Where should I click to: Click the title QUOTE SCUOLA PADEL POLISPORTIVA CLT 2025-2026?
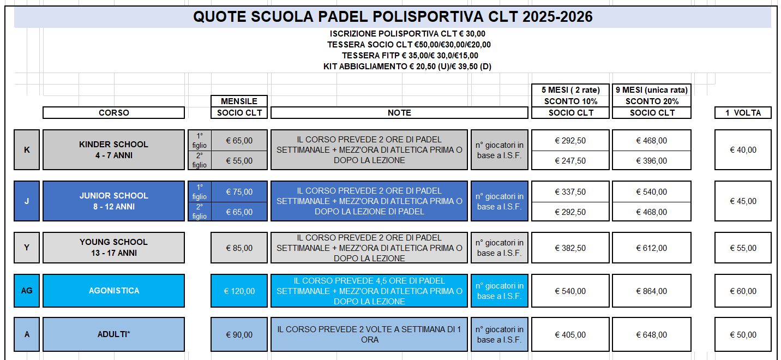tap(393, 17)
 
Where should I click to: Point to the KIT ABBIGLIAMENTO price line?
tap(407, 67)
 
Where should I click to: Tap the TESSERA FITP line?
tap(410, 56)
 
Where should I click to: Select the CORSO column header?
tap(113, 113)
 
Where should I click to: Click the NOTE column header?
tap(399, 113)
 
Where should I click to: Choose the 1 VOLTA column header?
tap(743, 113)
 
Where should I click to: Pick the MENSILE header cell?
tap(239, 101)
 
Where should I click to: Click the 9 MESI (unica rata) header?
tap(652, 90)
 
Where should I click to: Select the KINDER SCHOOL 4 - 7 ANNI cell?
tap(113, 150)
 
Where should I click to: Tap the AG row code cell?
tap(27, 291)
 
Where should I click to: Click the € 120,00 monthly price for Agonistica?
tap(239, 291)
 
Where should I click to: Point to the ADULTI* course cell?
tap(113, 334)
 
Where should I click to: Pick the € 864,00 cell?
tap(652, 291)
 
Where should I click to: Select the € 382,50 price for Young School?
tap(570, 248)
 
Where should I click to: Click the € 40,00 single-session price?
tap(743, 150)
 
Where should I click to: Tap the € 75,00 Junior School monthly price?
tap(239, 192)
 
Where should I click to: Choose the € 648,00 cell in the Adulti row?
tap(652, 335)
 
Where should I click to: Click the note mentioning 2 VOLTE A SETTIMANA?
tap(369, 334)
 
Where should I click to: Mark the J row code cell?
tap(27, 201)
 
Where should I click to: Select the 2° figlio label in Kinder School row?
tap(200, 160)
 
